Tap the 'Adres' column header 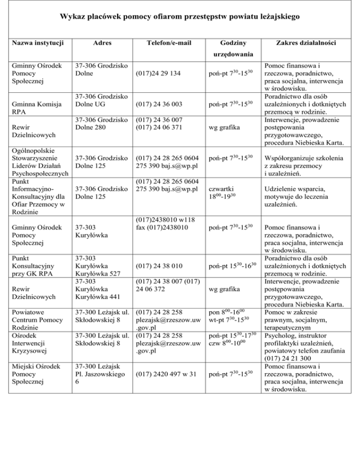click(x=99, y=43)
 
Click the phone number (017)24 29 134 click(x=158, y=74)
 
